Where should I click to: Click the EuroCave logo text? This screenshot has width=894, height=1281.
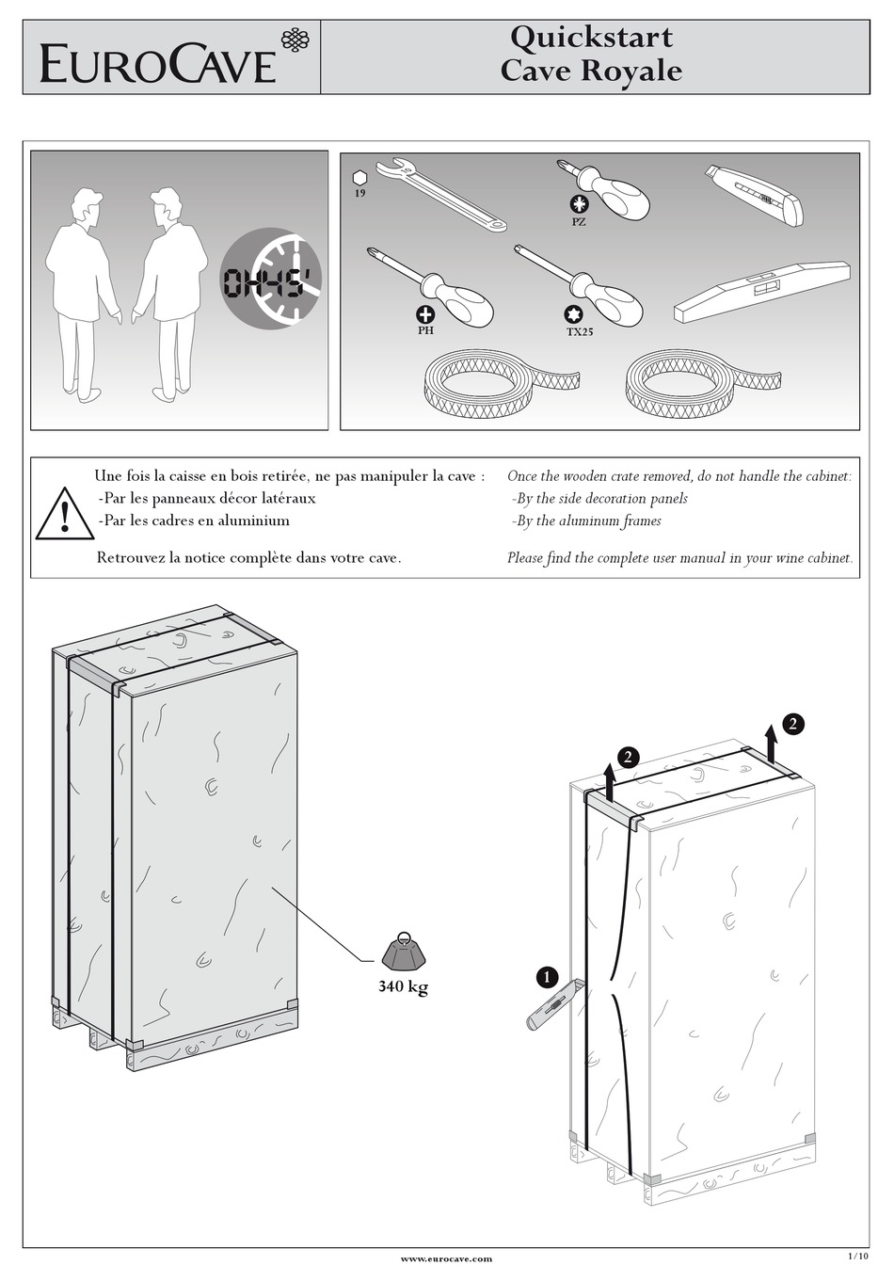pyautogui.click(x=158, y=65)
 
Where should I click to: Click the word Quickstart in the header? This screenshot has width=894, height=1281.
pyautogui.click(x=591, y=38)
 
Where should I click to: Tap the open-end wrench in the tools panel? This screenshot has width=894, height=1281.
pyautogui.click(x=440, y=195)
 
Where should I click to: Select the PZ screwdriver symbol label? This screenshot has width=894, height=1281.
pyautogui.click(x=578, y=221)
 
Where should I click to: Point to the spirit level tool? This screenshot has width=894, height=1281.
pyautogui.click(x=762, y=286)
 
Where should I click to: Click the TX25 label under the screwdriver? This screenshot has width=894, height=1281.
pyautogui.click(x=579, y=332)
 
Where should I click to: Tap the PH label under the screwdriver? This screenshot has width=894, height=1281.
pyautogui.click(x=425, y=331)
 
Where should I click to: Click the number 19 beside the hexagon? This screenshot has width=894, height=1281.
pyautogui.click(x=359, y=193)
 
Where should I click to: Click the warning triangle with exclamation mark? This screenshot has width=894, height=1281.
pyautogui.click(x=64, y=515)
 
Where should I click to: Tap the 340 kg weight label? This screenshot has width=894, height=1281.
pyautogui.click(x=403, y=987)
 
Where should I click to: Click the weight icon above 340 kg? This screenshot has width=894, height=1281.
pyautogui.click(x=404, y=952)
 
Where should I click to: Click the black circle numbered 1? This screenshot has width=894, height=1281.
pyautogui.click(x=546, y=976)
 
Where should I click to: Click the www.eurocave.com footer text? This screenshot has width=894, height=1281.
pyautogui.click(x=446, y=1257)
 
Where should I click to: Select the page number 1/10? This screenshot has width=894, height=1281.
pyautogui.click(x=857, y=1255)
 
